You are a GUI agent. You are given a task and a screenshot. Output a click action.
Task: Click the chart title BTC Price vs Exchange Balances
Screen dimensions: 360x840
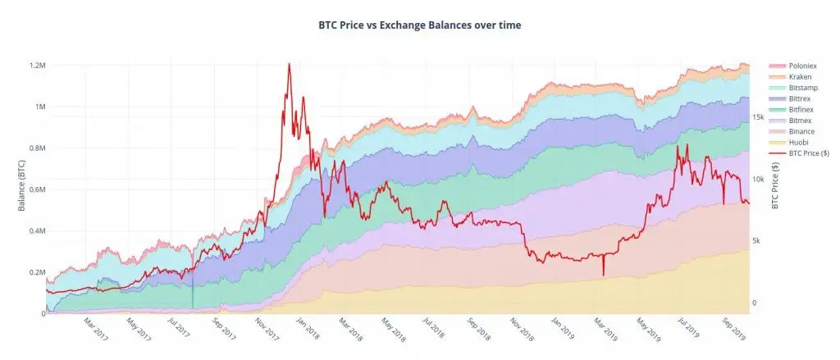pos(419,25)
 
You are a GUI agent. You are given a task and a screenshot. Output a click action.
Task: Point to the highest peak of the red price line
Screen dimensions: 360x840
pos(289,64)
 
